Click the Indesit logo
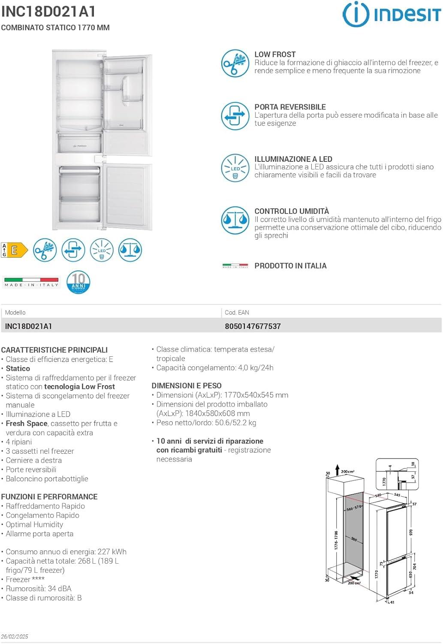pos(391,14)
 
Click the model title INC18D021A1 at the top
pos(48,12)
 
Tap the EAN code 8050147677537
pos(253,326)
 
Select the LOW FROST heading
pos(275,55)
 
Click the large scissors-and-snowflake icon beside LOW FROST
pos(235,64)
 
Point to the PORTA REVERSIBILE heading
pos(290,107)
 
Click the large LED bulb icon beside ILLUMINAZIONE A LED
pos(235,168)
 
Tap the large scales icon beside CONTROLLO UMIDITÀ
pos(235,221)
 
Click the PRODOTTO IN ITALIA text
pos(290,266)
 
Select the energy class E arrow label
pos(15,250)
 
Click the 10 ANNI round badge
pos(78,282)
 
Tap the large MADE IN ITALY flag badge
pos(31,282)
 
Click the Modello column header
pos(15,313)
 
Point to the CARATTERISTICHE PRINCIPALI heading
pos(54,350)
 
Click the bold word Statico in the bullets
pos(18,368)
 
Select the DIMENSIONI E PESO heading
pos(187,386)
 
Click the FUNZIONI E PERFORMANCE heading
pos(49,497)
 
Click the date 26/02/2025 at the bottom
pos(15,636)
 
